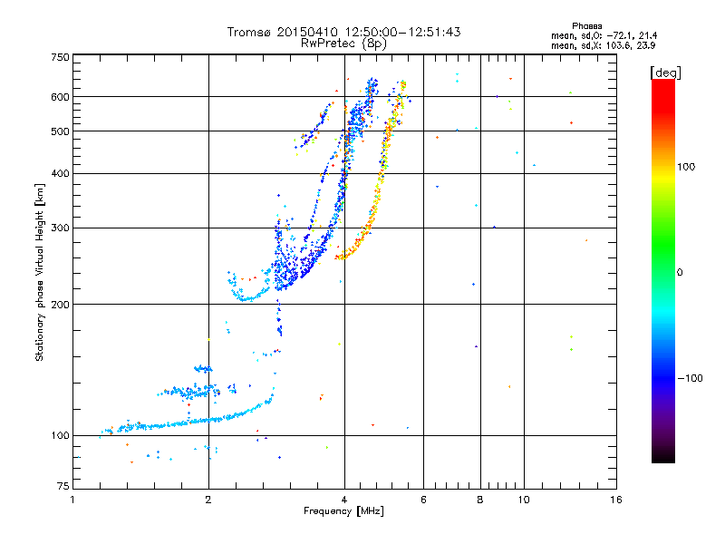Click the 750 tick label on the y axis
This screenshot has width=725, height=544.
[61, 58]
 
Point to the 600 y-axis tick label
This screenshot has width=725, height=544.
[61, 97]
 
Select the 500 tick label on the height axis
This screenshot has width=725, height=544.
[61, 131]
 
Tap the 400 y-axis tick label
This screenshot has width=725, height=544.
[61, 174]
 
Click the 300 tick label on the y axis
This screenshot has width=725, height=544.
[61, 228]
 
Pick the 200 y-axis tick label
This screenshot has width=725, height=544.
[61, 305]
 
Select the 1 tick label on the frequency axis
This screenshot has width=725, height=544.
[72, 500]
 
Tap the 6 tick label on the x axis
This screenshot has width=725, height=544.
[424, 500]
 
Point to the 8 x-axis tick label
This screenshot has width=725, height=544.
[480, 500]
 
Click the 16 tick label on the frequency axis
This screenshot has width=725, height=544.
[615, 500]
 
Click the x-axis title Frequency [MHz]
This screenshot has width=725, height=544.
[343, 511]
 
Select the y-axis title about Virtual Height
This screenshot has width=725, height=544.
[40, 272]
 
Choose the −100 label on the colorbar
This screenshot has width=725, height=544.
[688, 378]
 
